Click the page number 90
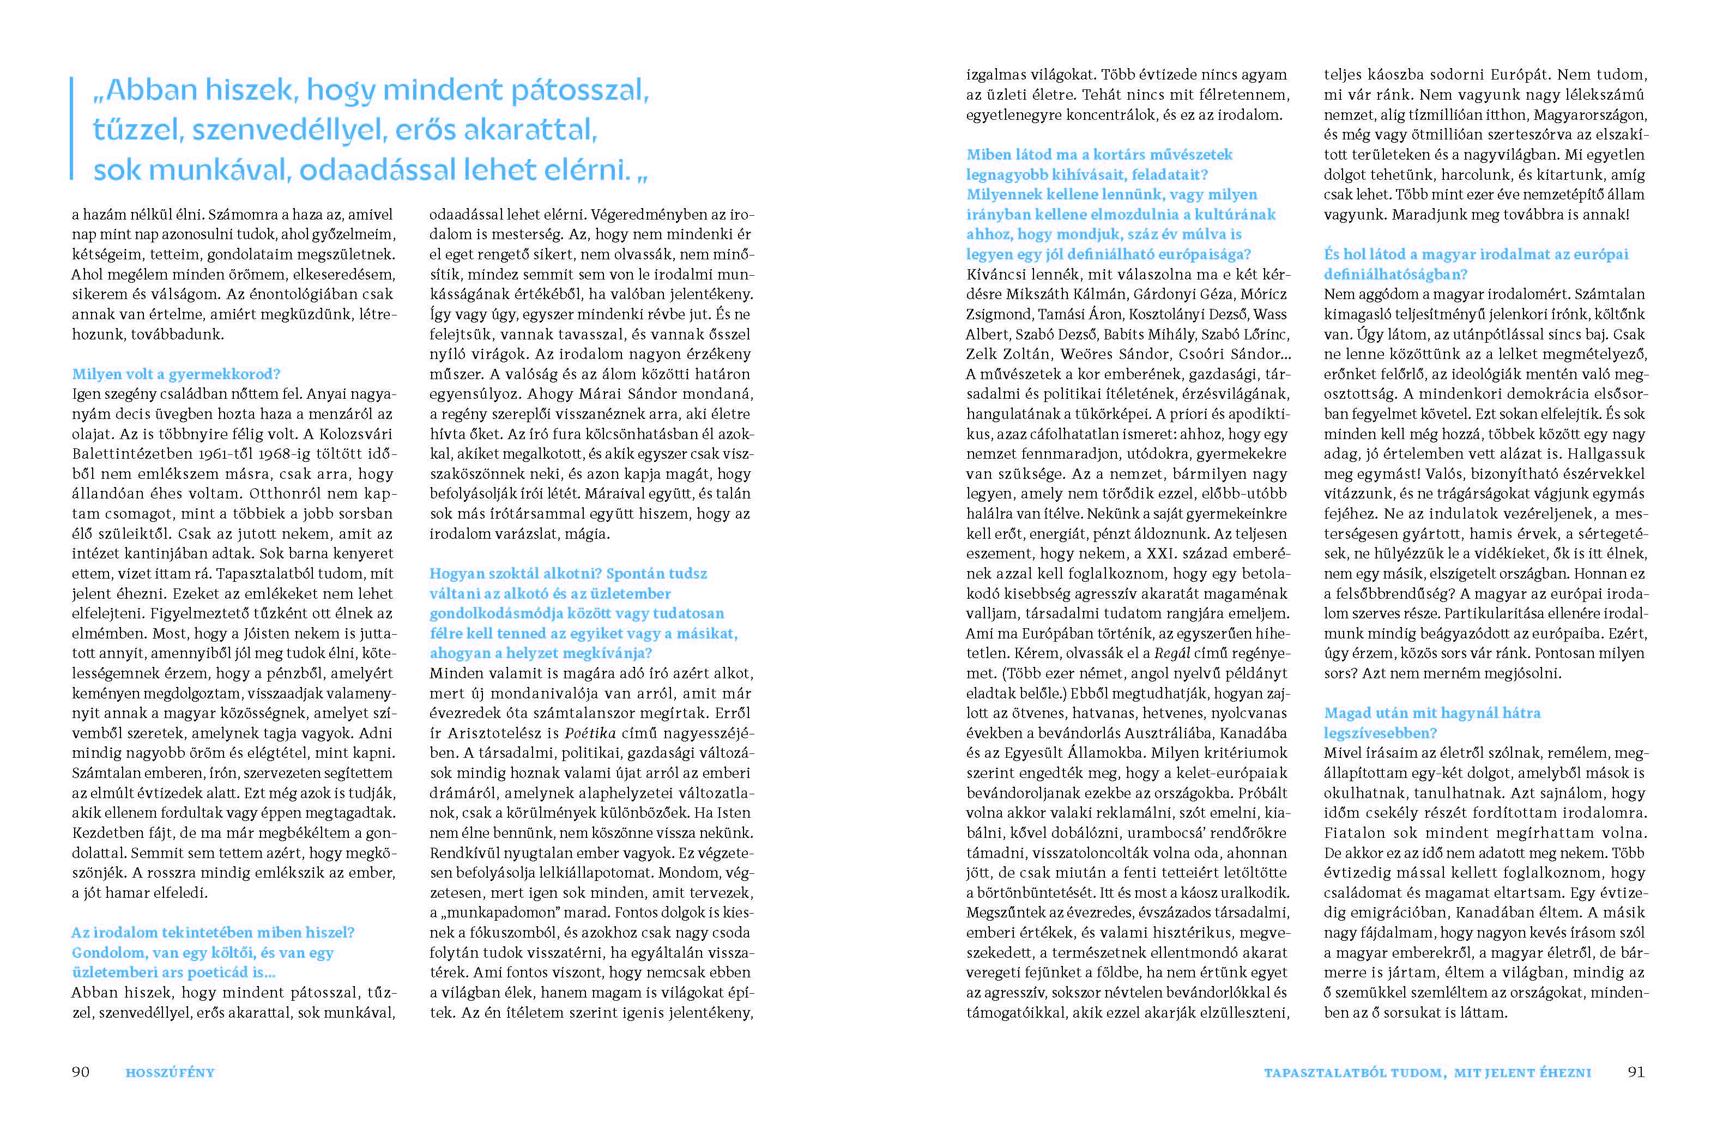(x=81, y=1072)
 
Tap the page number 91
(x=1636, y=1072)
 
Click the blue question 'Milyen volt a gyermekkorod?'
(x=176, y=374)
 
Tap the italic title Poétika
(x=590, y=733)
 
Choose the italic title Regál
(x=1172, y=653)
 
